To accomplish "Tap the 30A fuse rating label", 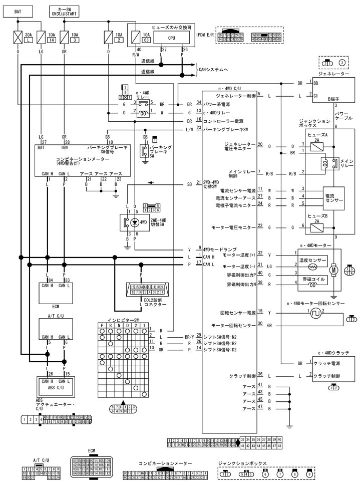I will pos(28,34).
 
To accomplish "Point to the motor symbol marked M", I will pos(332,270).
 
